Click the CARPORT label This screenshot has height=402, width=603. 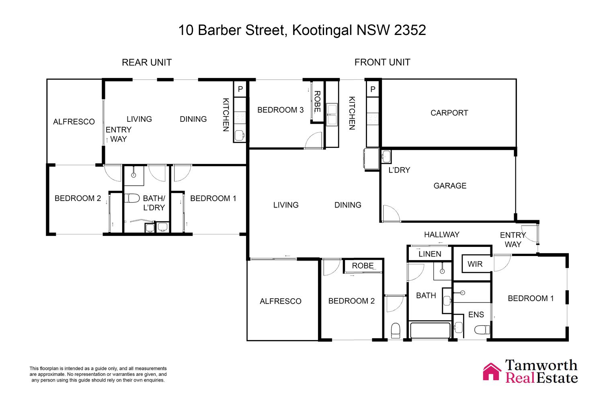click(449, 113)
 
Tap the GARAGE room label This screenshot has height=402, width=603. click(450, 185)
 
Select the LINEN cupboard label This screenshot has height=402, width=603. click(430, 254)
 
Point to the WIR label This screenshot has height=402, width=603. click(475, 264)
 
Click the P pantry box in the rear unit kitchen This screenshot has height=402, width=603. click(240, 89)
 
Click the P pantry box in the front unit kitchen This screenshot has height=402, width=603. click(373, 89)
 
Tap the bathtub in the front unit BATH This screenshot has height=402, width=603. click(430, 330)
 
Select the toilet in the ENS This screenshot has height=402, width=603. click(482, 329)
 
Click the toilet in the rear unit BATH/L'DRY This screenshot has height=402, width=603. click(132, 199)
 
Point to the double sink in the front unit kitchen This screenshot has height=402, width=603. click(332, 115)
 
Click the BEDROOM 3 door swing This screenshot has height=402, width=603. click(313, 140)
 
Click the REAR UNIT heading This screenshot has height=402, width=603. click(147, 62)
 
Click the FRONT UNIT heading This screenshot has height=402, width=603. click(382, 62)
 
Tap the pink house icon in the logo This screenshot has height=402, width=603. click(492, 372)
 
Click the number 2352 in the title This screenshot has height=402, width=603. click(410, 30)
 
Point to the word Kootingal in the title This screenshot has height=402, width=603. click(322, 30)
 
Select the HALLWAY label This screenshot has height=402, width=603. click(441, 234)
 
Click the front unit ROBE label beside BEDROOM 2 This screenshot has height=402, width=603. click(363, 266)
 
